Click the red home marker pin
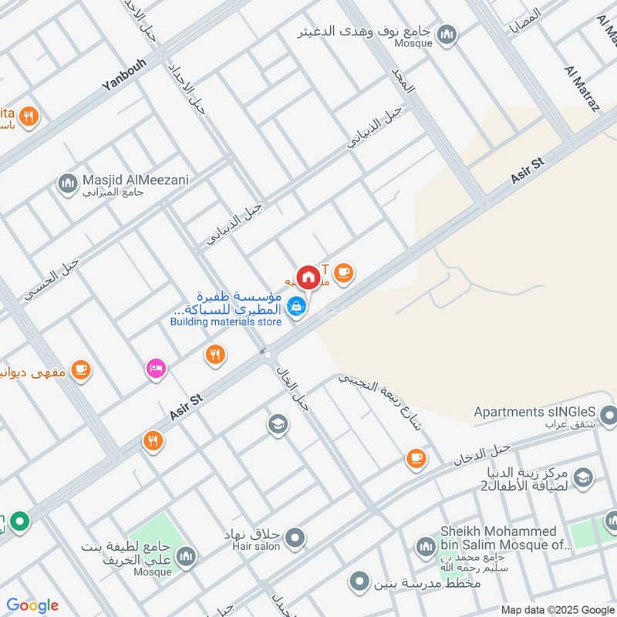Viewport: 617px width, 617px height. tap(308, 276)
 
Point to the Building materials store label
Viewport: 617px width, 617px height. tap(225, 322)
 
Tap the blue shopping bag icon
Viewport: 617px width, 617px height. tap(297, 307)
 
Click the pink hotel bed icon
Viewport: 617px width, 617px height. tap(157, 369)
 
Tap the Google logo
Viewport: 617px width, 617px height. tap(32, 605)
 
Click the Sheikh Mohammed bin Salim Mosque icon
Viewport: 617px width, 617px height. tap(426, 548)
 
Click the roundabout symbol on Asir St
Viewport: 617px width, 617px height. tap(267, 352)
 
